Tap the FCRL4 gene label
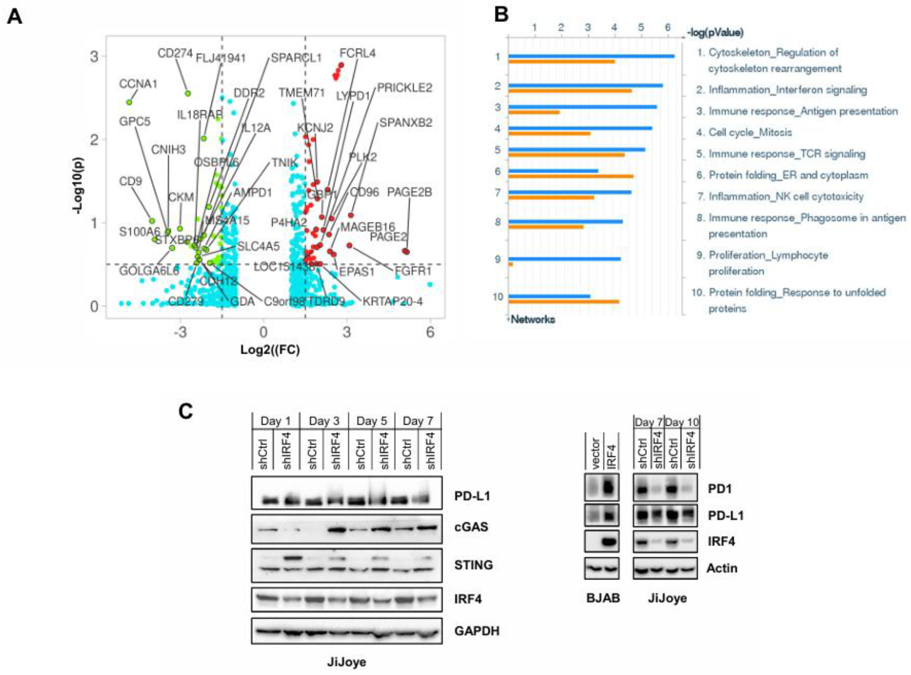coord(358,53)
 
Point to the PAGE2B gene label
coord(410,192)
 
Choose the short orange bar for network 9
coord(511,264)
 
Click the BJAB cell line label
coord(603,598)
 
